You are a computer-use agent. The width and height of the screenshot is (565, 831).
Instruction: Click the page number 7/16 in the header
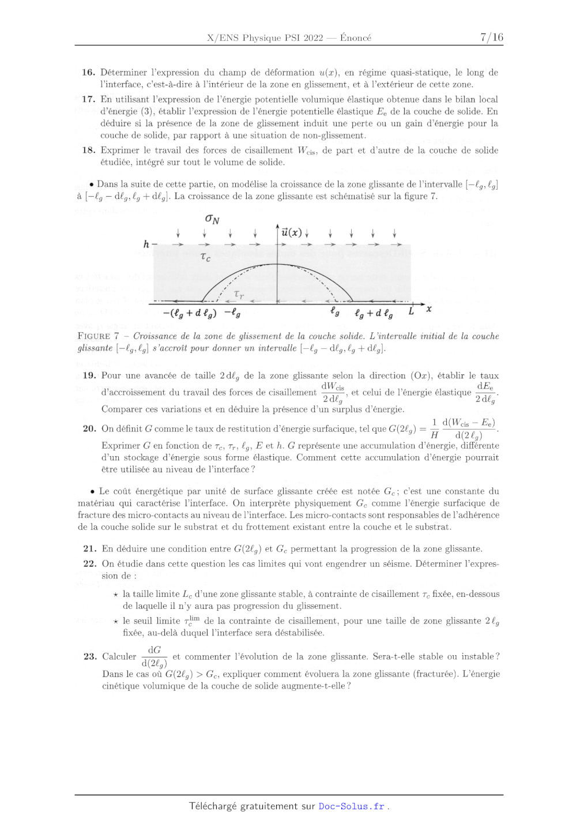click(491, 37)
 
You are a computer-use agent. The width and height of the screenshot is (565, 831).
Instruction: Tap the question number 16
click(88, 73)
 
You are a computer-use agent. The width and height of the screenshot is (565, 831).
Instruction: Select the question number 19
click(89, 375)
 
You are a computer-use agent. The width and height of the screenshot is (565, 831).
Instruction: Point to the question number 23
click(90, 656)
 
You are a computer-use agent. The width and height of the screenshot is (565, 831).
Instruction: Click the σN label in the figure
click(212, 219)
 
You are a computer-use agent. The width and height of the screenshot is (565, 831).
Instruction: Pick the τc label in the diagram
click(205, 257)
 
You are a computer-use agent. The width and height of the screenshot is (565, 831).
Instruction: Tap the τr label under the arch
click(239, 295)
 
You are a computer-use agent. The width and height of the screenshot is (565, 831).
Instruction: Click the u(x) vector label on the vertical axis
click(292, 232)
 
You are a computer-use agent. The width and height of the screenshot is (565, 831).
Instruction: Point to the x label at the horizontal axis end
click(429, 309)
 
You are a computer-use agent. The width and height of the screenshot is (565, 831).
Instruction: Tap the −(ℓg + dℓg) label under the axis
click(190, 313)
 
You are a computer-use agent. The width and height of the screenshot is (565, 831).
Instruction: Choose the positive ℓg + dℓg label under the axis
click(374, 313)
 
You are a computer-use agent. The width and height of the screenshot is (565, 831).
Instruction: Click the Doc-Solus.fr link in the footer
click(352, 806)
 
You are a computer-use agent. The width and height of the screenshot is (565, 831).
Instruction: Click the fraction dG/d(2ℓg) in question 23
click(155, 656)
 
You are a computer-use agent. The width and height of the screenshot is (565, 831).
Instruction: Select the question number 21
click(90, 549)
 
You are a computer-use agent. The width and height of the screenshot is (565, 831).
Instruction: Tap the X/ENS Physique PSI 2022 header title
click(265, 38)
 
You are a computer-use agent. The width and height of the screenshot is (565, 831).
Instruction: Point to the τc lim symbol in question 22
click(192, 621)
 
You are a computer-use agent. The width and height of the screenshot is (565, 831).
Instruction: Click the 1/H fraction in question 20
click(434, 428)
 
